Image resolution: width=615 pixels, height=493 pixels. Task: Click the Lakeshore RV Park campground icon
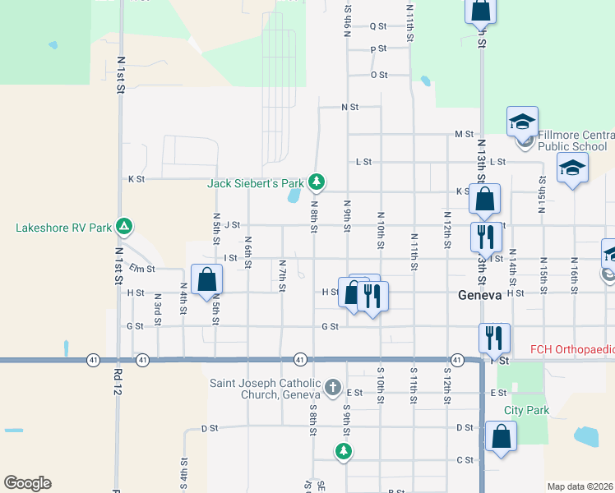[123, 225]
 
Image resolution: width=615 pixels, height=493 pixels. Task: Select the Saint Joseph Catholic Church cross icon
[332, 386]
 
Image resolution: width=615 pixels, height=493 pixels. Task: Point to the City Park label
[526, 410]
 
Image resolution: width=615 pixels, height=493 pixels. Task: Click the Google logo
[27, 483]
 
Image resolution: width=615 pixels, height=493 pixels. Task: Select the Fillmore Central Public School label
[575, 141]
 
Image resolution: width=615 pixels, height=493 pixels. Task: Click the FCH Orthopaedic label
[571, 348]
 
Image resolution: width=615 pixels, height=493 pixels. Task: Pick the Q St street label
[378, 26]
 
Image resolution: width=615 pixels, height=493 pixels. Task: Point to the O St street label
[379, 75]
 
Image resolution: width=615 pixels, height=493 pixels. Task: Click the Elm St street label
[142, 268]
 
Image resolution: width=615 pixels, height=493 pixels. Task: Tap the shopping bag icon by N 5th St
[205, 279]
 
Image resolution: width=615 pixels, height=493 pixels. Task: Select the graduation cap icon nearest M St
[521, 122]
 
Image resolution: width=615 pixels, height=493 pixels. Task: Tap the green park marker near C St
[343, 450]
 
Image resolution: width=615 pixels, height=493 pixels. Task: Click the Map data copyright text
[578, 486]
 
